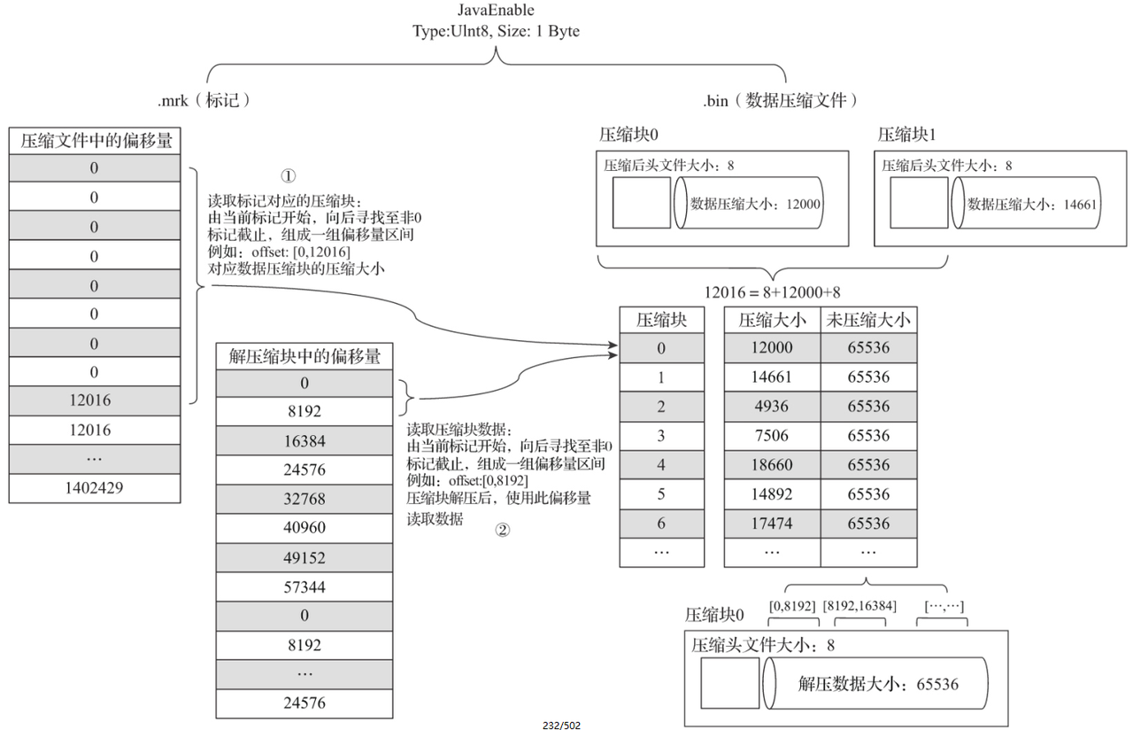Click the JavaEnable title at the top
point(496,11)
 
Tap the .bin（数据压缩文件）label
point(780,100)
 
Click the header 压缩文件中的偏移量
point(95,140)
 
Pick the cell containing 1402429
point(95,488)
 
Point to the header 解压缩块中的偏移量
point(304,357)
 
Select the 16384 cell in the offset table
point(304,440)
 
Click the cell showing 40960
point(304,527)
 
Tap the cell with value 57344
point(304,586)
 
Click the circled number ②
point(502,531)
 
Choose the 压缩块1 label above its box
point(906,135)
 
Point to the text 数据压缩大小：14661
point(1032,203)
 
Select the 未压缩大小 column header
point(868,320)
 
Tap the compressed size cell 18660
point(772,465)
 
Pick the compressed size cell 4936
point(772,407)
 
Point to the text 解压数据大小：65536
point(877,683)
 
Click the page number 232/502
point(561,725)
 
